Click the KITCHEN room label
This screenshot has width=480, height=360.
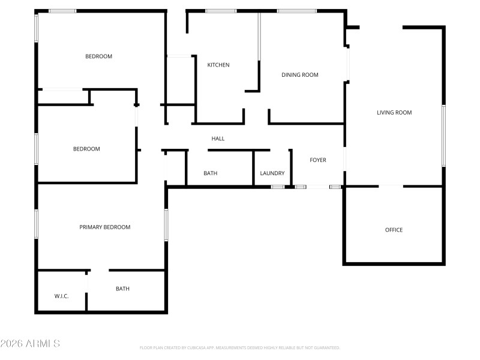pos(218,65)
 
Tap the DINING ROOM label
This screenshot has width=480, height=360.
pos(300,75)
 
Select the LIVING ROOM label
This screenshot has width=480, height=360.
pos(394,112)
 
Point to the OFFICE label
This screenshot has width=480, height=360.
pos(394,230)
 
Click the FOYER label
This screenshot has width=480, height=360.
pos(318,160)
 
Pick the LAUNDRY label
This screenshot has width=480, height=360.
pos(272,173)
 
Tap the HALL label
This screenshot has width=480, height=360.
pos(218,139)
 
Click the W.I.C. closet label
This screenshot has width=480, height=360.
pos(62,296)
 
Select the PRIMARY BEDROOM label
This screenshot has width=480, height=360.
pos(105,227)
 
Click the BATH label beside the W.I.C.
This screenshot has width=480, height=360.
pos(122,289)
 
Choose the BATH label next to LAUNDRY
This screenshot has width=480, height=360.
pos(210,173)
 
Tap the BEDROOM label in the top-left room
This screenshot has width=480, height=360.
pos(99,56)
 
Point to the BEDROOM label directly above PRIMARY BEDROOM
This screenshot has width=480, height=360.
pos(86,149)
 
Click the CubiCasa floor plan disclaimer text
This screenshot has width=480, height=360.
pos(240,347)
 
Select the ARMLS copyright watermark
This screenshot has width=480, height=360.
pos(30,344)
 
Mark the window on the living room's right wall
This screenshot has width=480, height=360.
pos(444,136)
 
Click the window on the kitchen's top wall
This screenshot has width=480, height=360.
pos(221,11)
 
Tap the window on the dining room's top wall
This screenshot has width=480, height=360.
pos(296,11)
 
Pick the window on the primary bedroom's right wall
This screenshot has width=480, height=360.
pos(166,225)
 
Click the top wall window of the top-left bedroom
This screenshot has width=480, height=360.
pos(62,11)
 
